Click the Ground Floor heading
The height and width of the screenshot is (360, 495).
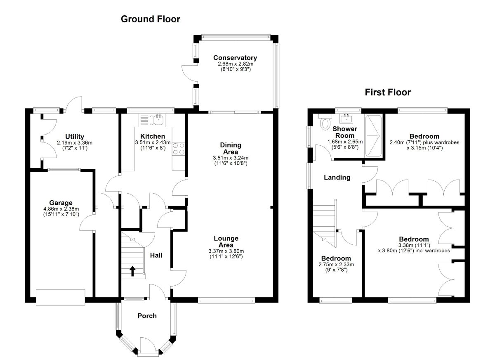point(150,19)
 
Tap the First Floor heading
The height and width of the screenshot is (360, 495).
point(388,92)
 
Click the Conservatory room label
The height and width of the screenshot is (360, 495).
point(235,58)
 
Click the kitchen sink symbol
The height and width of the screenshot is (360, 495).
point(157,120)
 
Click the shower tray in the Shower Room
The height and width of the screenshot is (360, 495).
point(374,136)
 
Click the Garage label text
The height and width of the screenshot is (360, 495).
point(61,203)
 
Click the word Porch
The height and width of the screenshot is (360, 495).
point(147,316)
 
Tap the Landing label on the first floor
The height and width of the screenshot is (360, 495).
point(337,178)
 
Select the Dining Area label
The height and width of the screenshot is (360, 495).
point(231,148)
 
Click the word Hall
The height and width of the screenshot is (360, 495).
point(156,255)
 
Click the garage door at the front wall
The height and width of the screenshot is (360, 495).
point(61,297)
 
